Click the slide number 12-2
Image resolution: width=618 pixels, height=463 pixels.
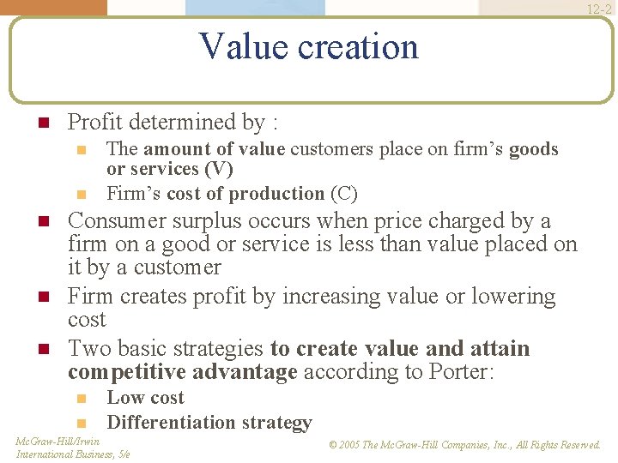point(599,10)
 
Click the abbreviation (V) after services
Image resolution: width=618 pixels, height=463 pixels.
point(218,169)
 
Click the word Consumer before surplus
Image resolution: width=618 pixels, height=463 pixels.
point(117,221)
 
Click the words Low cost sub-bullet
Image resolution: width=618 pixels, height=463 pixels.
point(145,398)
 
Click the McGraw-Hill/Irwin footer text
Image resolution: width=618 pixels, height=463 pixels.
point(58,442)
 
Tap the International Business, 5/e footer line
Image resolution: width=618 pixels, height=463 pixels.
point(73,454)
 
